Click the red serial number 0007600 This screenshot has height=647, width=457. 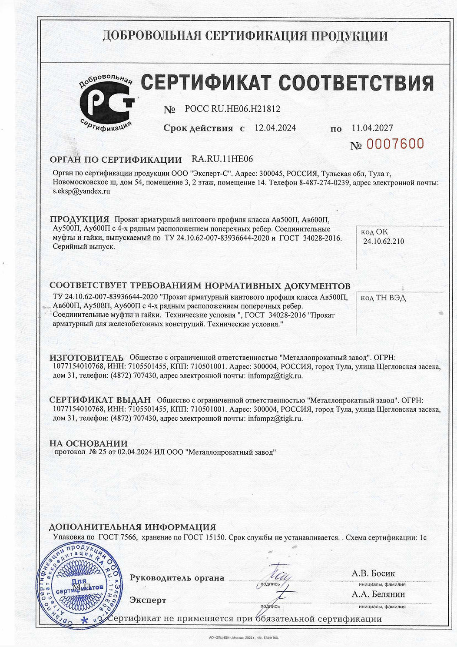click(x=395, y=144)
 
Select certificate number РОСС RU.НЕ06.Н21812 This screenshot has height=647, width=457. click(x=232, y=109)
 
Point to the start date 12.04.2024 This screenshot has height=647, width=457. click(x=275, y=128)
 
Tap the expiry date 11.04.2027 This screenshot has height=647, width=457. click(x=372, y=128)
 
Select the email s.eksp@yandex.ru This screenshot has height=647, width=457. click(x=81, y=191)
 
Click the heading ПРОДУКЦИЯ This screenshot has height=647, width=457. click(x=79, y=219)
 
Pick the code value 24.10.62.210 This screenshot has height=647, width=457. click(x=384, y=241)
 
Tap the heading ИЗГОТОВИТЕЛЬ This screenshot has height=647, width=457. click(x=86, y=358)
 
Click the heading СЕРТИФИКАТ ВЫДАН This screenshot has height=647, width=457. click(x=100, y=400)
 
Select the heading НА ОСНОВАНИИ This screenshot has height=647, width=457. click(x=88, y=443)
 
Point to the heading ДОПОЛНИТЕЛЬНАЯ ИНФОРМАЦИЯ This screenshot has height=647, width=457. click(x=132, y=527)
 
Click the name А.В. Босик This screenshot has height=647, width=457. click(x=373, y=573)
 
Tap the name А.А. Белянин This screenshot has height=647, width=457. click(x=378, y=594)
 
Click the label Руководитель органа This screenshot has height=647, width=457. click(x=177, y=578)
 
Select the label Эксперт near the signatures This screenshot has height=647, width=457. click(x=148, y=600)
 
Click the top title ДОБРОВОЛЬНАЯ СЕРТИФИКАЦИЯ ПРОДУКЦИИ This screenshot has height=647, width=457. click(x=245, y=36)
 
